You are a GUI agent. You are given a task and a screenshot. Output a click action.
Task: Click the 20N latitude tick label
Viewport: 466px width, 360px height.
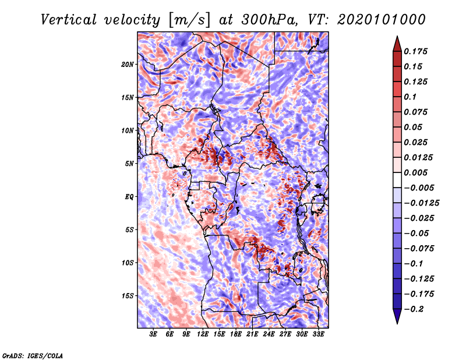128,64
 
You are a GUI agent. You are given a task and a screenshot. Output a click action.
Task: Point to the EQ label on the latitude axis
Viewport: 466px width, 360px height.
129,196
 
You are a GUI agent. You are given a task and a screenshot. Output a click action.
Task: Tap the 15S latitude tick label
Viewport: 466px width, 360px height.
128,295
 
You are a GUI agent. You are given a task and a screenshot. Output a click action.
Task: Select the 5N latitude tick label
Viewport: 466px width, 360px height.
129,163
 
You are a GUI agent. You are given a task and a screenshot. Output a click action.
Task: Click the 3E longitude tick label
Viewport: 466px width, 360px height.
153,334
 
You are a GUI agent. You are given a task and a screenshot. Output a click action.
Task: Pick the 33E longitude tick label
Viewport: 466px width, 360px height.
318,334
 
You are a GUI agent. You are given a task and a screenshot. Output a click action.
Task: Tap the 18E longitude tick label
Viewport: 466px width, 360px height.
236,334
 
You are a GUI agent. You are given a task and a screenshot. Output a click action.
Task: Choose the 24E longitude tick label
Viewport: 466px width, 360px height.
269,334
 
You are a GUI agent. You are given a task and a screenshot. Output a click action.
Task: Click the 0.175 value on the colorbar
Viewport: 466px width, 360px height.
417,51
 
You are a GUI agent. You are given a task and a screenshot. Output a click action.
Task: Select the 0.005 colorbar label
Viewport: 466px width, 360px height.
417,172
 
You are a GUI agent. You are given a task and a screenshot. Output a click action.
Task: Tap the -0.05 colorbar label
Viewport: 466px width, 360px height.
417,233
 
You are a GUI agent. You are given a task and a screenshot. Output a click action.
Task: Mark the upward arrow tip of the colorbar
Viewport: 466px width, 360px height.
397,37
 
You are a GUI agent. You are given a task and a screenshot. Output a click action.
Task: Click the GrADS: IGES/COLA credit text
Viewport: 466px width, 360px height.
33,355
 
